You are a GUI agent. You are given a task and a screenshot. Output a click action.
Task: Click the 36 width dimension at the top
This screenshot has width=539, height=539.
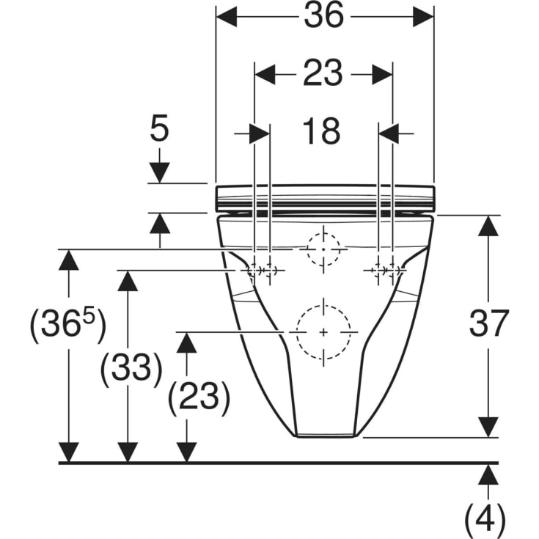[x=324, y=15]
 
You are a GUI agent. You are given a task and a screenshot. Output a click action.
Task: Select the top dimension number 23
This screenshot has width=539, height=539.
[x=323, y=73]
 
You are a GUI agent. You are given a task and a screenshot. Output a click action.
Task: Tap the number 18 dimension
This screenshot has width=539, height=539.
[x=321, y=131]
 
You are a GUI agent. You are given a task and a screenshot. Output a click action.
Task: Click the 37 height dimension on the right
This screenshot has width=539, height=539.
[x=489, y=323]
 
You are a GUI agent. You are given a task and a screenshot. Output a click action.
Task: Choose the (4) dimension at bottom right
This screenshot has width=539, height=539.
[x=485, y=520]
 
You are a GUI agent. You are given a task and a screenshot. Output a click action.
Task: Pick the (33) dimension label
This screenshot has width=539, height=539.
[x=131, y=368]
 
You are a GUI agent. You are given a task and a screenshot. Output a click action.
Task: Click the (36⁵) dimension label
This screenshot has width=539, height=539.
[x=68, y=324]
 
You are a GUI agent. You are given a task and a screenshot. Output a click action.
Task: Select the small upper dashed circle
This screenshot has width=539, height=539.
[x=340, y=249]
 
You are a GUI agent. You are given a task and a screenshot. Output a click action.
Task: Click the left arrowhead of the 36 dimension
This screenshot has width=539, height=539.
[x=227, y=16]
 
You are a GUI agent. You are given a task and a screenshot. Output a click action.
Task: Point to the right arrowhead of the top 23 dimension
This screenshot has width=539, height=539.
[x=382, y=74]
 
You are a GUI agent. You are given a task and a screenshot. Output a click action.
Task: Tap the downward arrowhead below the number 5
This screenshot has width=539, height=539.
[x=160, y=173]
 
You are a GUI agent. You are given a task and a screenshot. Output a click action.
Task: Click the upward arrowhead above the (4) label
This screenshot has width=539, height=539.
[x=488, y=474]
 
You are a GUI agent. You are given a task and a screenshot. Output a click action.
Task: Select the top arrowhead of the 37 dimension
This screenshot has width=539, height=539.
[x=488, y=226]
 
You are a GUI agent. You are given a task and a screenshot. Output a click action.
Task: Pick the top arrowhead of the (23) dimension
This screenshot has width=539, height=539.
[x=186, y=342]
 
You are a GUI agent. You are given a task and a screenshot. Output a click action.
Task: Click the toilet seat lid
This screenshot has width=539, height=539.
[x=325, y=198]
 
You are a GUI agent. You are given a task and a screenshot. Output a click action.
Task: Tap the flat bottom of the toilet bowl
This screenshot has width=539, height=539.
[x=325, y=436]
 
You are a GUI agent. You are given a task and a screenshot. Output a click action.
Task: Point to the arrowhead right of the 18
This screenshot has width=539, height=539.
[x=389, y=133]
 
